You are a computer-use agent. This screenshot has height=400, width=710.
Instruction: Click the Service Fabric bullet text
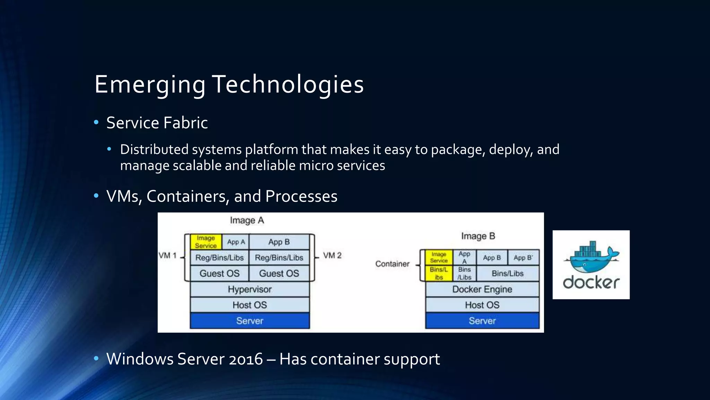(157, 123)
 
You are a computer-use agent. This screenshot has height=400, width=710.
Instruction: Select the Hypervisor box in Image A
(250, 289)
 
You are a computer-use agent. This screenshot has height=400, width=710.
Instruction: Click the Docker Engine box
(482, 289)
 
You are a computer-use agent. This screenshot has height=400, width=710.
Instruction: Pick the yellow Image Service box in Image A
(206, 242)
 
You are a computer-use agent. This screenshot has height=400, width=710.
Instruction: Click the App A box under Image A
(236, 242)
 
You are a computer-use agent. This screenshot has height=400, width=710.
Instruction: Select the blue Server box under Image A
(250, 321)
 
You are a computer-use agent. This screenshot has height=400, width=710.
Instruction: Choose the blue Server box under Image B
(482, 321)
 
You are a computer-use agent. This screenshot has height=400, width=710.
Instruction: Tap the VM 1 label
(167, 256)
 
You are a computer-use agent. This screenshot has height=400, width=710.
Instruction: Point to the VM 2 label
(332, 256)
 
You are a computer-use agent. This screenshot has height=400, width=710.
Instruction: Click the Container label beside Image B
(392, 264)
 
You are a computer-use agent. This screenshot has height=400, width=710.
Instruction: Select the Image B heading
(478, 236)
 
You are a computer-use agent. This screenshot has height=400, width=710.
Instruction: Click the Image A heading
(247, 220)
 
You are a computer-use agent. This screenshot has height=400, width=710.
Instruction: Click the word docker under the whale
(591, 283)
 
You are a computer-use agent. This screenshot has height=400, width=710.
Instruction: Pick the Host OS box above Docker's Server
(482, 305)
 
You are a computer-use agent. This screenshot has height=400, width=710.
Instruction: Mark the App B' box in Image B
(523, 258)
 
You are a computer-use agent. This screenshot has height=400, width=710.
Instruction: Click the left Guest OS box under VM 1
(219, 274)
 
